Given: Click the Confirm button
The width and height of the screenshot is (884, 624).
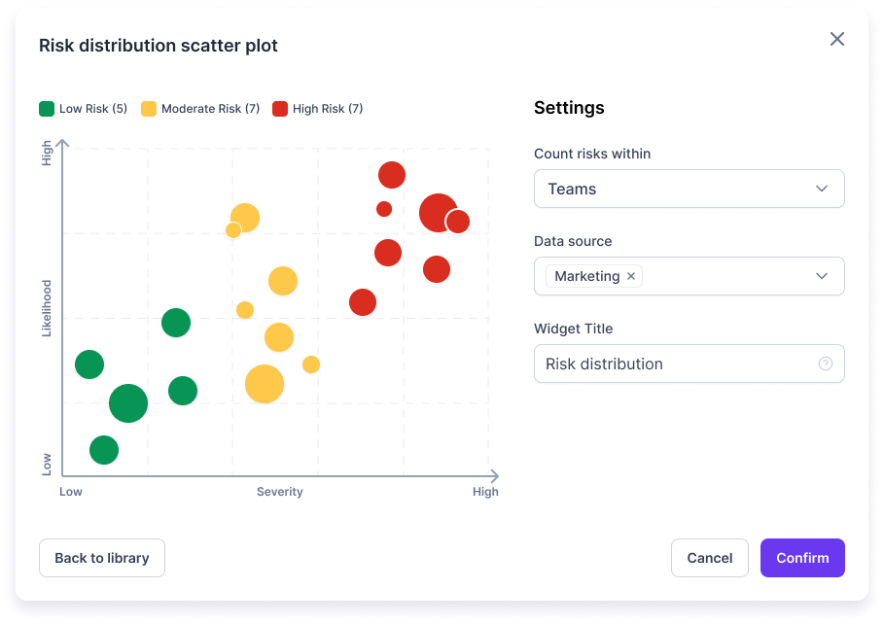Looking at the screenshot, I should pyautogui.click(x=802, y=558).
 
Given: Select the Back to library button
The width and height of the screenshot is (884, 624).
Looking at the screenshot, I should pyautogui.click(x=102, y=558).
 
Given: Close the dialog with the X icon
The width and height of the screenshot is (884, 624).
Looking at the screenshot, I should pyautogui.click(x=836, y=39).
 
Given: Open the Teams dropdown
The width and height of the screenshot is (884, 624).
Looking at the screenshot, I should pyautogui.click(x=689, y=189).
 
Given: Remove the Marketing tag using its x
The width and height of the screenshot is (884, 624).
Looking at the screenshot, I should pyautogui.click(x=631, y=276).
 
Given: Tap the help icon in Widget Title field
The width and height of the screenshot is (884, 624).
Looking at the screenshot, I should pyautogui.click(x=825, y=364).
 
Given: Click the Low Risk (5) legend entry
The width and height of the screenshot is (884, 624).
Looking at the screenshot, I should pyautogui.click(x=84, y=109).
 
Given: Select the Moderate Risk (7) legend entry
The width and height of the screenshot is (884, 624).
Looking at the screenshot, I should pyautogui.click(x=200, y=109).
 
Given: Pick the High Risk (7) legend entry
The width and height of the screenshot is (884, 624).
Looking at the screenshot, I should pyautogui.click(x=318, y=109).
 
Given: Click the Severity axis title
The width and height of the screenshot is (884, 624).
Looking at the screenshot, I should pyautogui.click(x=279, y=492).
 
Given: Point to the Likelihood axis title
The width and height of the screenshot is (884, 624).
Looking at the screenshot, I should pyautogui.click(x=46, y=309).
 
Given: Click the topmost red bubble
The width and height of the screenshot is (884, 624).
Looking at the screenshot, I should pyautogui.click(x=391, y=175).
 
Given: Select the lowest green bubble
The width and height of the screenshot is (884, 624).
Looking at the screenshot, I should pyautogui.click(x=104, y=450).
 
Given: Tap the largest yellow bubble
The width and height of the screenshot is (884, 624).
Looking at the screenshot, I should pyautogui.click(x=264, y=384).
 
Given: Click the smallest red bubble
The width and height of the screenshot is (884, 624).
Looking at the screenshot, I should pyautogui.click(x=384, y=209).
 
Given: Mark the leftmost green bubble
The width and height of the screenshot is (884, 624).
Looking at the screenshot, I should pyautogui.click(x=89, y=364).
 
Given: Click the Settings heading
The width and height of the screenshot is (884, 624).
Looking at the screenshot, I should pyautogui.click(x=569, y=108).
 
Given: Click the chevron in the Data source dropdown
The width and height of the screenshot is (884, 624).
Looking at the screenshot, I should pyautogui.click(x=822, y=276).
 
